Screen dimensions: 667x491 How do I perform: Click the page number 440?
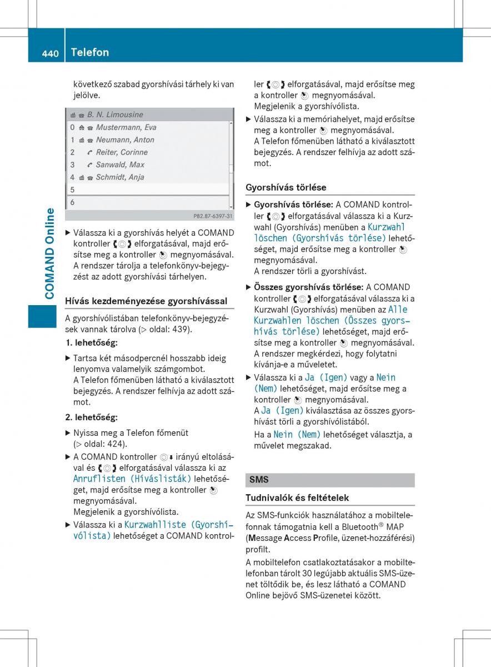[50, 53]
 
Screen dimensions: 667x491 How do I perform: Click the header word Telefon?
[90, 52]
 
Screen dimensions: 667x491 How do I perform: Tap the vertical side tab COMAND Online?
[50, 253]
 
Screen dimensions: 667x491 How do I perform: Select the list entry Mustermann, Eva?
[126, 127]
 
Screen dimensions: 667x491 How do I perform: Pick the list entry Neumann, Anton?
[125, 140]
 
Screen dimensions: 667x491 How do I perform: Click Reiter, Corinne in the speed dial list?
[122, 152]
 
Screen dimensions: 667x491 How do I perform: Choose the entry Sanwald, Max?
[120, 165]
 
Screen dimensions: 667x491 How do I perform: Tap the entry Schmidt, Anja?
[120, 177]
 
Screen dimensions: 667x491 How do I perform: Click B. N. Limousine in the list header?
[115, 115]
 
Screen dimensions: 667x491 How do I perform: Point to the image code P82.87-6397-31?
[213, 216]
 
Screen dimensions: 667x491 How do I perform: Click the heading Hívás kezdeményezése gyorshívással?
[146, 301]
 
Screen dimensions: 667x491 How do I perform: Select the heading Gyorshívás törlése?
[286, 187]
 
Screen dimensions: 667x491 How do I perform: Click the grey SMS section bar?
[330, 480]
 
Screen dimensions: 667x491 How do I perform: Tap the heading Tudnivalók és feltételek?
[297, 498]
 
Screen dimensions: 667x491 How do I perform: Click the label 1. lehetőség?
[92, 343]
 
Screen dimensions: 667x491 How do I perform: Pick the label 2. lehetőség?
[92, 417]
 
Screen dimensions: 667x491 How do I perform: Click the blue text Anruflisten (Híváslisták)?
[132, 479]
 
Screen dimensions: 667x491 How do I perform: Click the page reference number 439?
[181, 329]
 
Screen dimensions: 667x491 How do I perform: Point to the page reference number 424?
[117, 444]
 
